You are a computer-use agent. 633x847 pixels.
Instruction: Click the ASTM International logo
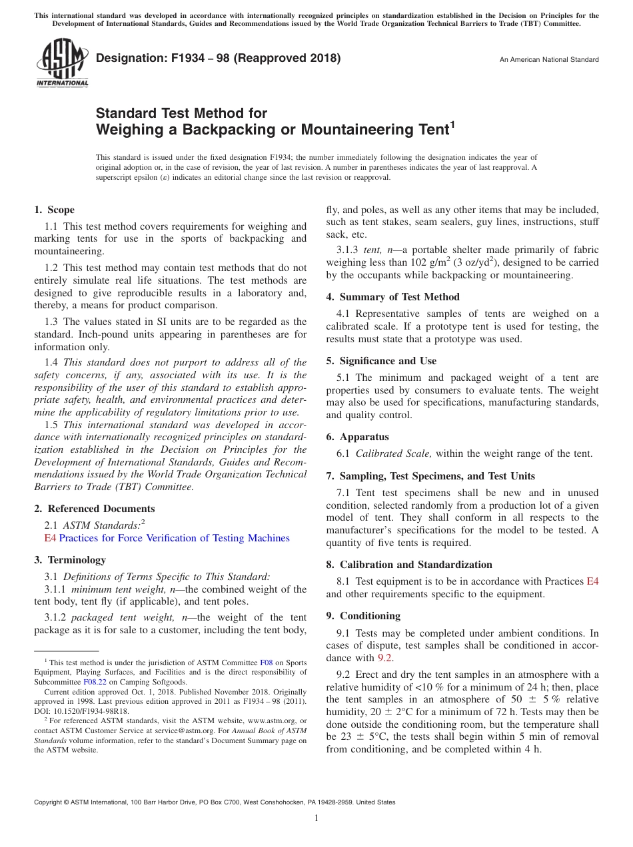[61, 63]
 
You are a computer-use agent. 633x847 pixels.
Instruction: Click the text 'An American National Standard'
[549, 60]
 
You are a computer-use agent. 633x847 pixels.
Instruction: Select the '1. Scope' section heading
[55, 210]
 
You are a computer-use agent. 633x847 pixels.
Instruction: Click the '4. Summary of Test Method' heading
[392, 297]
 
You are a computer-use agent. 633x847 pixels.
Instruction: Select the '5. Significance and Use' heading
[381, 361]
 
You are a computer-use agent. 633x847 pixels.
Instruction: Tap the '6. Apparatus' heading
[357, 437]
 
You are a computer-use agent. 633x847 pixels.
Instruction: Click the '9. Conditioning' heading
[363, 615]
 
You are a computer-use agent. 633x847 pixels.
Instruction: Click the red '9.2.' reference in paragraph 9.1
[385, 658]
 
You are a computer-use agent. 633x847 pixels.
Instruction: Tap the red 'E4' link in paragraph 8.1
[592, 581]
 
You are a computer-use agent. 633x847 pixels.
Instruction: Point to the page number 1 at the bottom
[316, 818]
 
